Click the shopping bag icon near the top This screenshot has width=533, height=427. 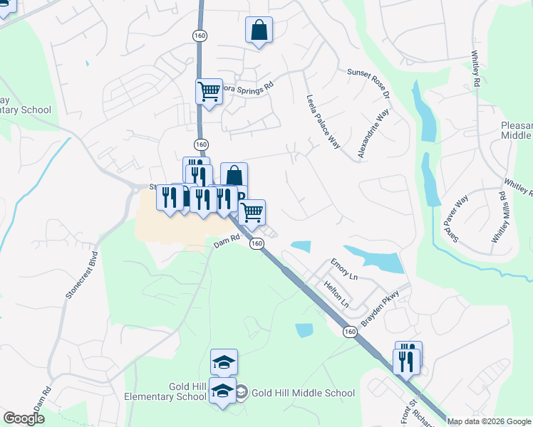[259, 31]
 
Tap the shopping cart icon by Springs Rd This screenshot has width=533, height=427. [209, 90]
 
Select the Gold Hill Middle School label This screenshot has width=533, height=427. [304, 393]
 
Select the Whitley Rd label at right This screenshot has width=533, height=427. [475, 69]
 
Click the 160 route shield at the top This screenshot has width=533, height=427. [200, 36]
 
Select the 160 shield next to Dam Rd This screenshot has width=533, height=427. [258, 243]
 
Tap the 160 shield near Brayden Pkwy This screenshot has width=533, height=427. [349, 332]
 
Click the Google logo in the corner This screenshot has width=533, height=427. [24, 418]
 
